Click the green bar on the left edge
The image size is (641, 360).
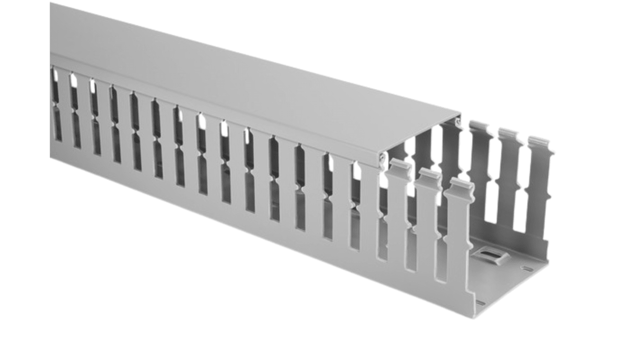[24, 180]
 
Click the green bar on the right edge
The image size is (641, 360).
[616, 180]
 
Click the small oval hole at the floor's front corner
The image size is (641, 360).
[480, 303]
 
